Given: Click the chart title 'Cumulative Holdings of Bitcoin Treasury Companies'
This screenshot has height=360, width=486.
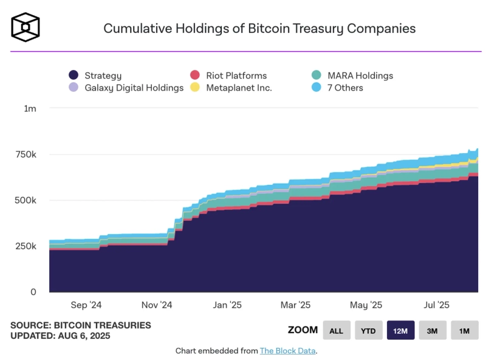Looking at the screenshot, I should coord(259,28).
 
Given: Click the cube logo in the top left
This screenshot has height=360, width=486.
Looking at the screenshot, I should coord(26,27).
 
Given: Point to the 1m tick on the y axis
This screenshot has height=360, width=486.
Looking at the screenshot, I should coord(30,108).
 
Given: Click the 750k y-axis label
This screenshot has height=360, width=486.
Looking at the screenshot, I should coord(26,154).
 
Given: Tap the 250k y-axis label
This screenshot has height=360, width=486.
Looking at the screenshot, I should coord(26,246).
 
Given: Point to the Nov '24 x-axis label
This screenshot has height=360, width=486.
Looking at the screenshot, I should coord(157,305).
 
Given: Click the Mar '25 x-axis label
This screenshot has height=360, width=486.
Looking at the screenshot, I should coord(296,305).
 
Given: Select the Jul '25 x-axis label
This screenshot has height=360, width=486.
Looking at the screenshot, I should coord(436,305).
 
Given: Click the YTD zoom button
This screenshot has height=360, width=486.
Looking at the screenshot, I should coord(368,330).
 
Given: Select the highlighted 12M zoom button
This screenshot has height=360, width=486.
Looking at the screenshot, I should coord(400,330).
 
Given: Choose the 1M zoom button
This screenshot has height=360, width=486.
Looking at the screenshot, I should coord(464,330).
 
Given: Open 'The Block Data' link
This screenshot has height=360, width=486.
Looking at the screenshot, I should coord(288,351).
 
